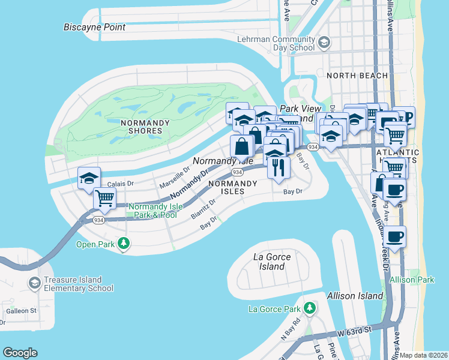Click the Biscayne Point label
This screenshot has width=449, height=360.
95,27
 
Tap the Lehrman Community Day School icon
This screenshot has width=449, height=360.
324,43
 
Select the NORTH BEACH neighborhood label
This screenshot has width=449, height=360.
351,76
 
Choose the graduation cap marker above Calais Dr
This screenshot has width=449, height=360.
89,178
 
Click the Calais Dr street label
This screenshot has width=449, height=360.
121,184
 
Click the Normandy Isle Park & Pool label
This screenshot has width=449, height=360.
152,211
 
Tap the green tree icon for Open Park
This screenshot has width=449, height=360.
124,244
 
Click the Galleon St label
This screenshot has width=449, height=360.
21,310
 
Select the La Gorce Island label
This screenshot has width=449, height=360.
272,261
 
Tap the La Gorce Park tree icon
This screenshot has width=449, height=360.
309,308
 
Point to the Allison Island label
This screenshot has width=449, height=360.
355,296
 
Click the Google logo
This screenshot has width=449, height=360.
20,353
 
